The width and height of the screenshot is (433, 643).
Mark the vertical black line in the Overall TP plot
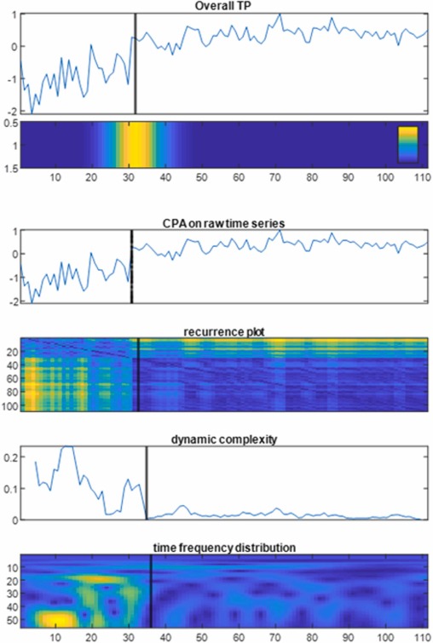pyautogui.click(x=136, y=63)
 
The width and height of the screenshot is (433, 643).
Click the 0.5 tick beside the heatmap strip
pyautogui.click(x=9, y=123)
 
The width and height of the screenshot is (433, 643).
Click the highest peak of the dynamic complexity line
pyautogui.click(x=67, y=446)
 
